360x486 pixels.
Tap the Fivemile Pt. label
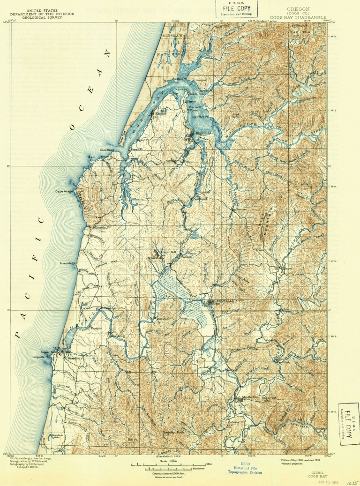68,264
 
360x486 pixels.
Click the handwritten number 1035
349,480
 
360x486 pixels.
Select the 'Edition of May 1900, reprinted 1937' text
300,460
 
